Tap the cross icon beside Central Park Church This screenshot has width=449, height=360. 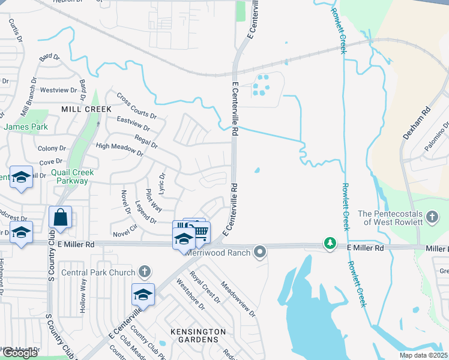[143, 271]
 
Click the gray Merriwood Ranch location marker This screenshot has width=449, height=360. [259, 251]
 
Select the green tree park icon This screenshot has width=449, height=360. [330, 243]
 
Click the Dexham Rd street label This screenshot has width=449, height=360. [417, 124]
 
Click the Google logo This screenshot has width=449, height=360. [20, 353]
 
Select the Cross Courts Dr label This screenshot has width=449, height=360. [136, 106]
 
